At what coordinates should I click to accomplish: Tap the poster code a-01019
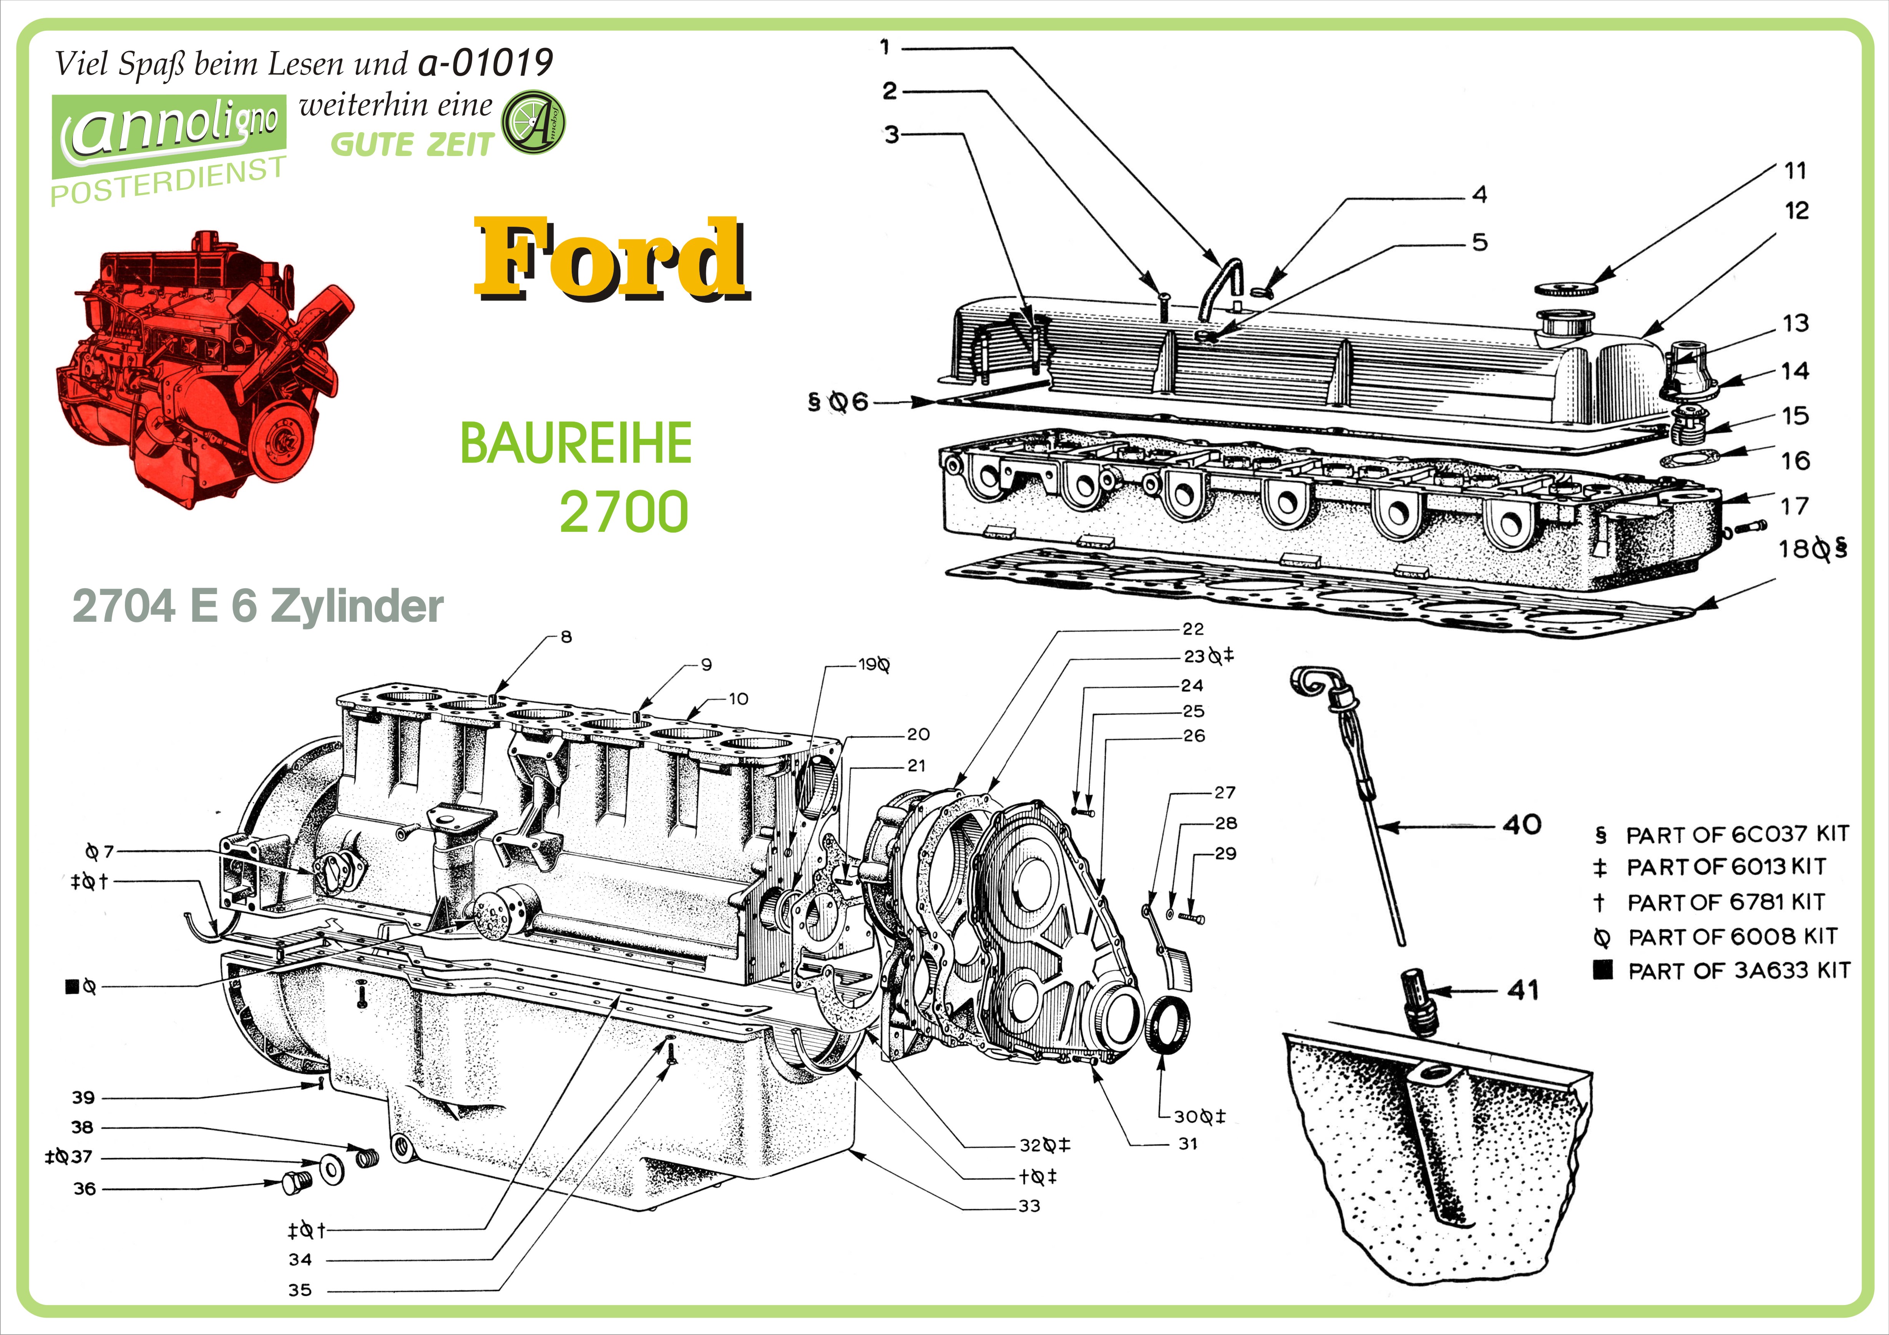(485, 63)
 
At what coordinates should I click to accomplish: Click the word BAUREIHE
(576, 444)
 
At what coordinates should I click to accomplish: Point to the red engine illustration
(202, 370)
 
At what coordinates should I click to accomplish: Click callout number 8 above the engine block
(566, 637)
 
